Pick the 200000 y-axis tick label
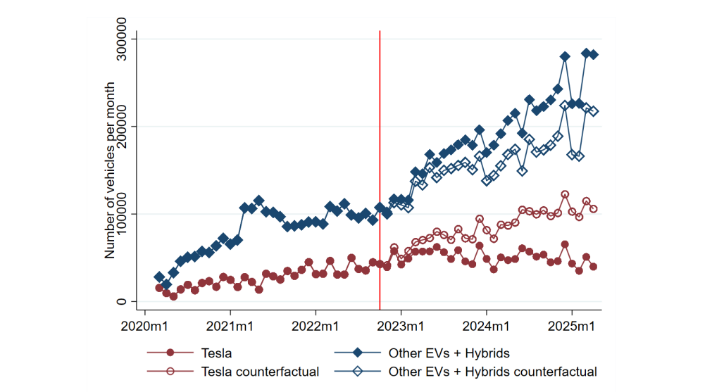click(121, 127)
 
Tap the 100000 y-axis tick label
click(121, 214)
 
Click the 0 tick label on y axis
click(121, 301)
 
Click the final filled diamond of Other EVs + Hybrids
click(593, 54)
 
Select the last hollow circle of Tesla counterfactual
click(593, 209)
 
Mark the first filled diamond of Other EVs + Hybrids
click(159, 277)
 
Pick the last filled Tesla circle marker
click(593, 267)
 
